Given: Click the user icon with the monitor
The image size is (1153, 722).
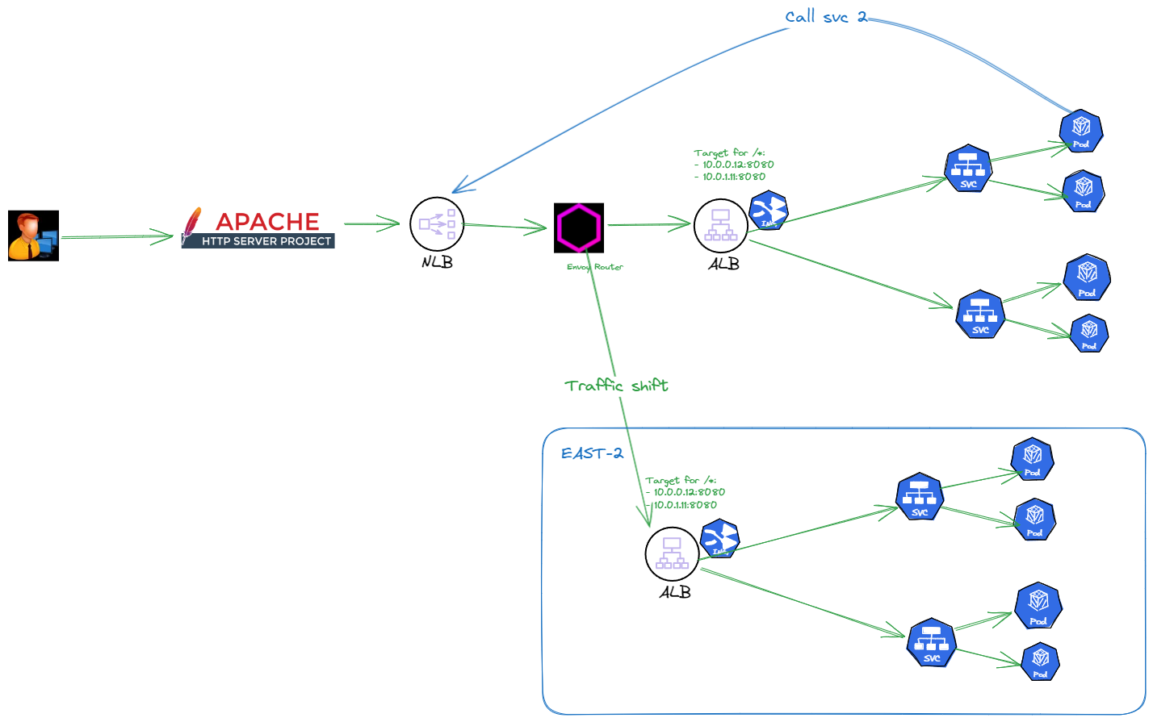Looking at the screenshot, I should click(x=33, y=236).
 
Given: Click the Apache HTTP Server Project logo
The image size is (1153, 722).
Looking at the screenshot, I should click(x=258, y=228).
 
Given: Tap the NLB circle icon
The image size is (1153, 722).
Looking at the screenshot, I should click(x=437, y=223).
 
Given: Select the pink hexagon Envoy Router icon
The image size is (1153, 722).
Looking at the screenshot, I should click(x=579, y=227).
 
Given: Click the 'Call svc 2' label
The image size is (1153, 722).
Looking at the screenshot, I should click(x=825, y=17).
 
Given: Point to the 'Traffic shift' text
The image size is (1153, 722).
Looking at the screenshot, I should click(x=616, y=386).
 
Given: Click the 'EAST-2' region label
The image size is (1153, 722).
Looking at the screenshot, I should click(x=592, y=453).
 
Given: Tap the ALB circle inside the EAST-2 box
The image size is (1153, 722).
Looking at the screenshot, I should click(x=672, y=553).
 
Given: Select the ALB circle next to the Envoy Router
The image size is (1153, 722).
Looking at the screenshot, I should click(x=720, y=225).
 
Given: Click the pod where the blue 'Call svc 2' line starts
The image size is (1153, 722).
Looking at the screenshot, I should click(x=1080, y=131).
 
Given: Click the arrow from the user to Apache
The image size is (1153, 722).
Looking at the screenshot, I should click(x=117, y=237).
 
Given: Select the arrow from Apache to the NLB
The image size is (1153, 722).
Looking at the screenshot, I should click(x=371, y=224).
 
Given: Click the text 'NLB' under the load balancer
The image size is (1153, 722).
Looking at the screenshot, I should click(x=437, y=262).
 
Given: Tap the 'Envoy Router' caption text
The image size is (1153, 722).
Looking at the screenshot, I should click(x=595, y=267).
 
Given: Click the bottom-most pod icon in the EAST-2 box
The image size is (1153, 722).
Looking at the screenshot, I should click(x=1040, y=661).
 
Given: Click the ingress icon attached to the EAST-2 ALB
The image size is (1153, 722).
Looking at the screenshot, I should click(x=719, y=538).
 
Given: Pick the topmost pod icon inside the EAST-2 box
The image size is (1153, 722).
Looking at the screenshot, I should click(x=1032, y=458).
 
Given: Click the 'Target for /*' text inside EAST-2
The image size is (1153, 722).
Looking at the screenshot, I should click(x=681, y=481).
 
